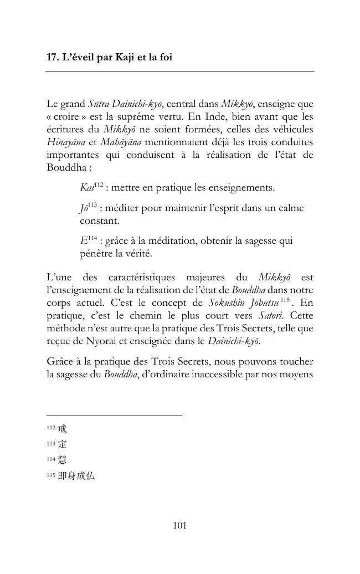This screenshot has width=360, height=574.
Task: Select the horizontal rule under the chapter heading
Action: pos(180,71)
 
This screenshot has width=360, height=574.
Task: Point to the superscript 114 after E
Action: pos(92,239)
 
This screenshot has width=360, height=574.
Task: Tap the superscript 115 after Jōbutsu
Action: pos(285,300)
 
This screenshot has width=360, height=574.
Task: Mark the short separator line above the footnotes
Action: pos(114,416)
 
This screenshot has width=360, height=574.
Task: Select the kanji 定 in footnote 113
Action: pos(62,444)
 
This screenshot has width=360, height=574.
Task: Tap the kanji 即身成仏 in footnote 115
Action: pos(76,475)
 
